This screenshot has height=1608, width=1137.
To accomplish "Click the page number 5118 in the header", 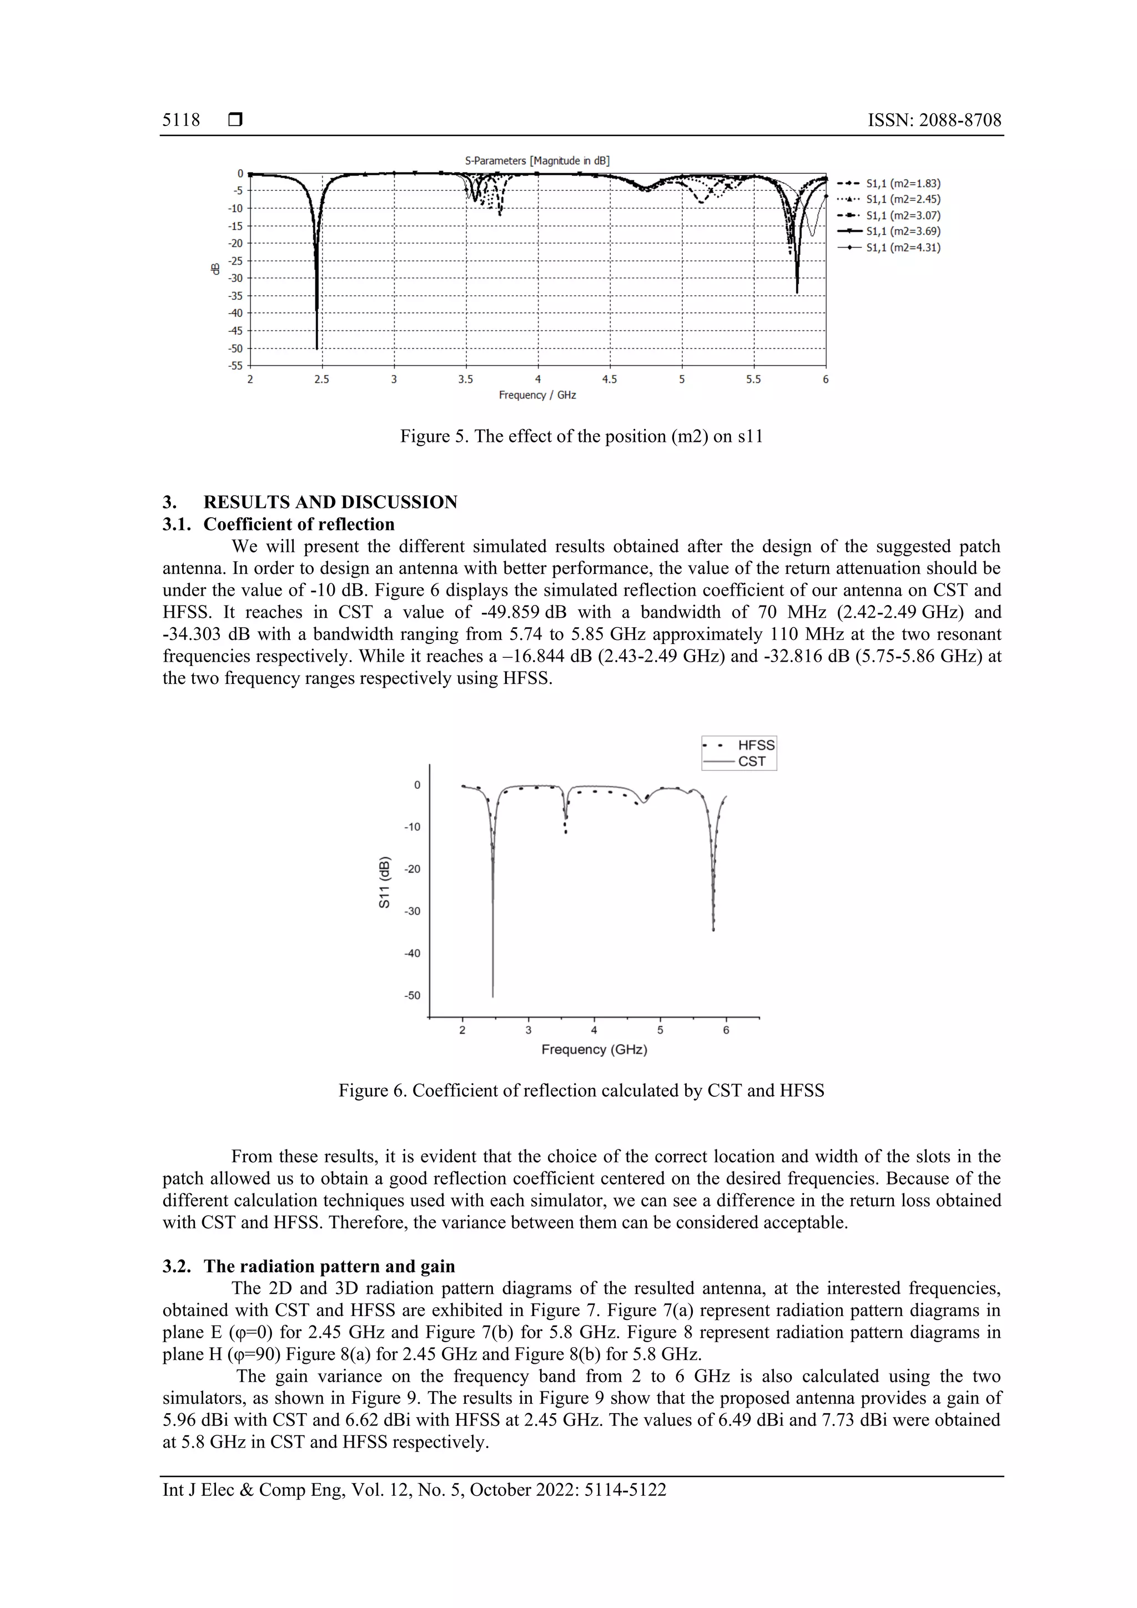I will (x=181, y=120).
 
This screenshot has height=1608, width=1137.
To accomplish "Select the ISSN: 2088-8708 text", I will (x=934, y=120).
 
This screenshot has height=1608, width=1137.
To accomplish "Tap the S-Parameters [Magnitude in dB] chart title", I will (x=537, y=160).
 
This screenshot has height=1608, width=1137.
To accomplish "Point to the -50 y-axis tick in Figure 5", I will (x=235, y=348).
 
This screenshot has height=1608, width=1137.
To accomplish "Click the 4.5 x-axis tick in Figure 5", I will (x=610, y=380).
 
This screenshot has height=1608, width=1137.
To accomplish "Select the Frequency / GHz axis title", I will (x=537, y=395).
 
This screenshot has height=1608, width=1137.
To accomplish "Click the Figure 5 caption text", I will (x=581, y=436).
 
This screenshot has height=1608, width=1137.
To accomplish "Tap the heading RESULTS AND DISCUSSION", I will (x=330, y=502).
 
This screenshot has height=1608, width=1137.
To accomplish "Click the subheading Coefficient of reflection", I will (x=299, y=524).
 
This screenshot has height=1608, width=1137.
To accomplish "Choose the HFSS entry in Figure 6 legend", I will (x=755, y=745).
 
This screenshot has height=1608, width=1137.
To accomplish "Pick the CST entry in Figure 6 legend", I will (x=751, y=762).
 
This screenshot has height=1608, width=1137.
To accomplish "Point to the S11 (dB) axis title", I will (x=384, y=883).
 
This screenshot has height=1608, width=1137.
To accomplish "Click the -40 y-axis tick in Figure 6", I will (x=412, y=953).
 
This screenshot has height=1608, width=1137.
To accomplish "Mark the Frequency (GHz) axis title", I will (x=594, y=1049).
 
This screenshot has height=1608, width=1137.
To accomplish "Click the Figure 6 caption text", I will (x=581, y=1091).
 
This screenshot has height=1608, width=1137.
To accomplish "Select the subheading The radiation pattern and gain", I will (x=329, y=1266).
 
